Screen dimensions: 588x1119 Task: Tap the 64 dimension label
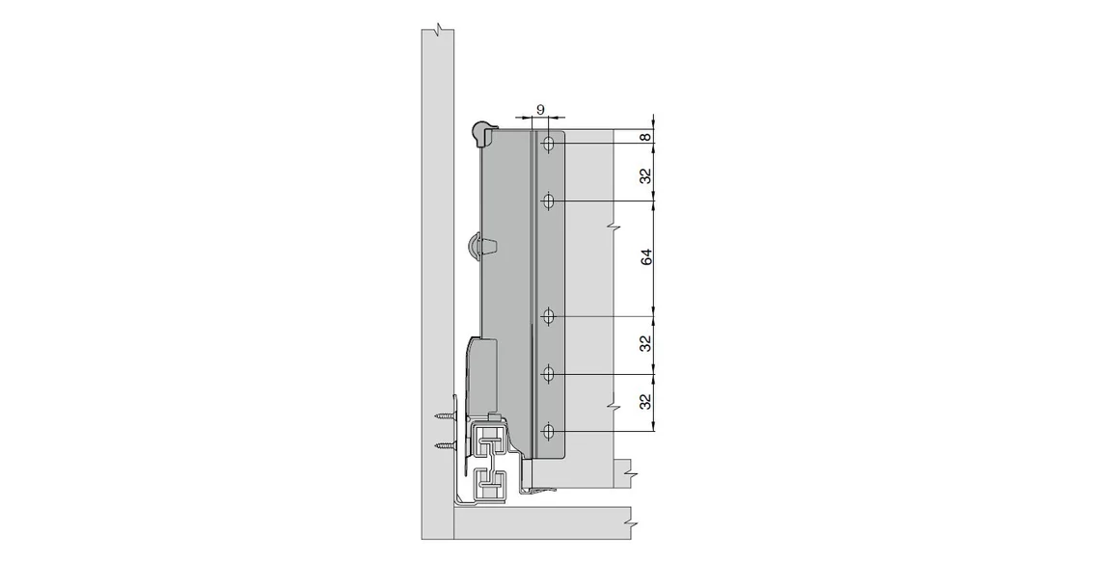point(647,257)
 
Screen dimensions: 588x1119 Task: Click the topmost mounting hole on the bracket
point(548,145)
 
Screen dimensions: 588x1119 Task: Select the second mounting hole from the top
point(548,201)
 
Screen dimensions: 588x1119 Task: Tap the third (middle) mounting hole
point(548,316)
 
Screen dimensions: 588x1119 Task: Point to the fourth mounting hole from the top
point(548,373)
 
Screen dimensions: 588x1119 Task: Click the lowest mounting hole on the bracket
point(548,430)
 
